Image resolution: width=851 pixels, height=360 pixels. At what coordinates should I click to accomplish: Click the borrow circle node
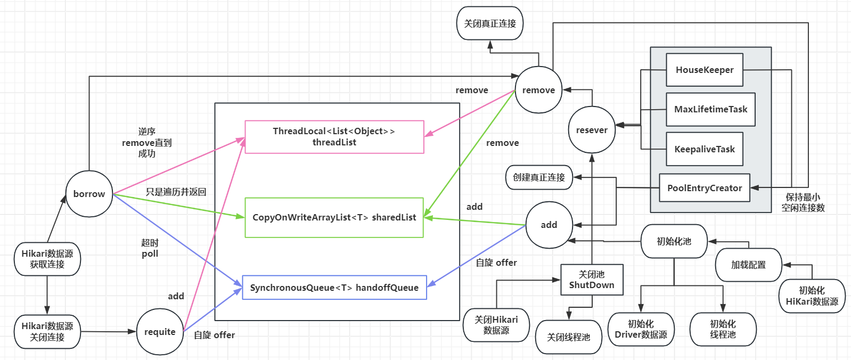point(89,194)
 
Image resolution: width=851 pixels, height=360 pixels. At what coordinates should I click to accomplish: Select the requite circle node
point(160,332)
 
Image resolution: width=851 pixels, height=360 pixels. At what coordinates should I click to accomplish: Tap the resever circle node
point(592,130)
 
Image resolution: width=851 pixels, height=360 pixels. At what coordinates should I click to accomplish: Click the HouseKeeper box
point(704,70)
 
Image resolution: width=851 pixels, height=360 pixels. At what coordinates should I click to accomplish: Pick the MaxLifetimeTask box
point(710,109)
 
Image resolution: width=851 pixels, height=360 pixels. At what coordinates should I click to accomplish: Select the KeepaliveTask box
point(704,149)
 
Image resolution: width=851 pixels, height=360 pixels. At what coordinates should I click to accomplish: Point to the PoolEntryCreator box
point(704,188)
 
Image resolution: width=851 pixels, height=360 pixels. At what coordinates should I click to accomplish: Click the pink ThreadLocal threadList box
point(334,137)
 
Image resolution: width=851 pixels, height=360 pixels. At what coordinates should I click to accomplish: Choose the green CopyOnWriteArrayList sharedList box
point(334,217)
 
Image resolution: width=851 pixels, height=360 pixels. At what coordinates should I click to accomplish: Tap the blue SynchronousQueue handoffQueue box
point(334,288)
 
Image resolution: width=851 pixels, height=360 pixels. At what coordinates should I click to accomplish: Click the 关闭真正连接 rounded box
point(490,23)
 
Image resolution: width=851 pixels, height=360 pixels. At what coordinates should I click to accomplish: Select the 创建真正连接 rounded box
point(538,177)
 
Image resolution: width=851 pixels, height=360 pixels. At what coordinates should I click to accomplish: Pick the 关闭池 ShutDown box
point(592,280)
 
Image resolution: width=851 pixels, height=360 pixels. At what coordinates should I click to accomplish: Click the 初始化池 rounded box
point(674,241)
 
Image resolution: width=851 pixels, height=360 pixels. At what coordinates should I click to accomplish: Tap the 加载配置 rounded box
point(748,265)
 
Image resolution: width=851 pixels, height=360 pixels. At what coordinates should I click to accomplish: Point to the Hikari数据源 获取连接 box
point(47,259)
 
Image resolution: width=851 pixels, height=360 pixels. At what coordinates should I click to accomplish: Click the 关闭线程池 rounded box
point(568,337)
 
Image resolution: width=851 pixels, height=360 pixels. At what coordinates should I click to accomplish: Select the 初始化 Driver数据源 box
point(641,329)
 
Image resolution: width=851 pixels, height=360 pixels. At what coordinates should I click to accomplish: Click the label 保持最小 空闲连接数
point(803,202)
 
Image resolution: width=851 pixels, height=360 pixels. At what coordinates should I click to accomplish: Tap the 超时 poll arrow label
point(150,248)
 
